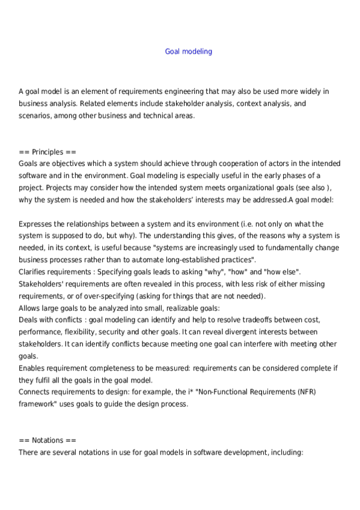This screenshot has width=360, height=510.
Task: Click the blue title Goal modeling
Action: pos(188,52)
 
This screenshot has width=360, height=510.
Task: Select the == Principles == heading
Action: pos(47,152)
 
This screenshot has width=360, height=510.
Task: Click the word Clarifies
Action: pos(34,272)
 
